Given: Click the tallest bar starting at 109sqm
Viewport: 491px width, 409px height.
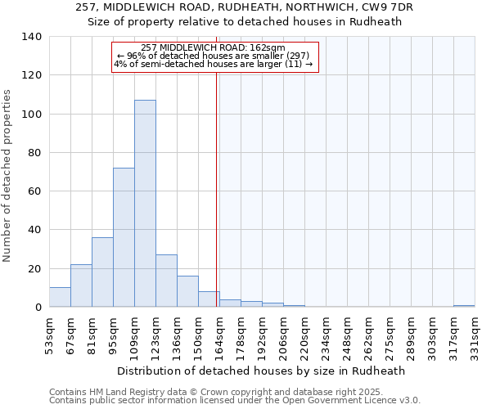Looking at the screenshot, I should pyautogui.click(x=145, y=204).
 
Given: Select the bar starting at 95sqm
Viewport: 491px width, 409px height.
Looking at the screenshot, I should pyautogui.click(x=124, y=237).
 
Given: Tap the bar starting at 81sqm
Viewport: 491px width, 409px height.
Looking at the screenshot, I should pyautogui.click(x=102, y=272).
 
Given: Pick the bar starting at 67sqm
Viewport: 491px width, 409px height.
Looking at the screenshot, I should pyautogui.click(x=81, y=285).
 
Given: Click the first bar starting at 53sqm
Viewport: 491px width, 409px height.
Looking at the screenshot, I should pyautogui.click(x=60, y=297).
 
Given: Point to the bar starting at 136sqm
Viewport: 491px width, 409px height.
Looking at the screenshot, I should pyautogui.click(x=187, y=291).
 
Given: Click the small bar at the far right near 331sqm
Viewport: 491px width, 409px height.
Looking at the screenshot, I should pyautogui.click(x=464, y=306).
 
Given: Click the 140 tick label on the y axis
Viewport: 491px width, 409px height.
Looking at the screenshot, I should pyautogui.click(x=32, y=37).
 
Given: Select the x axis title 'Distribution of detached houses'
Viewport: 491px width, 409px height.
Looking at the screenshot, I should pyautogui.click(x=261, y=371).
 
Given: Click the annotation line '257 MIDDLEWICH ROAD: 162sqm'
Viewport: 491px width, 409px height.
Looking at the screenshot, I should pyautogui.click(x=213, y=48).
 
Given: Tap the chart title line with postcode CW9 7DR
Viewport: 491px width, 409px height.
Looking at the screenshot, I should pyautogui.click(x=245, y=7).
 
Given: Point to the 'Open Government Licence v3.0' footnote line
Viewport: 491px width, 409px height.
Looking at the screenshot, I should pyautogui.click(x=235, y=401).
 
